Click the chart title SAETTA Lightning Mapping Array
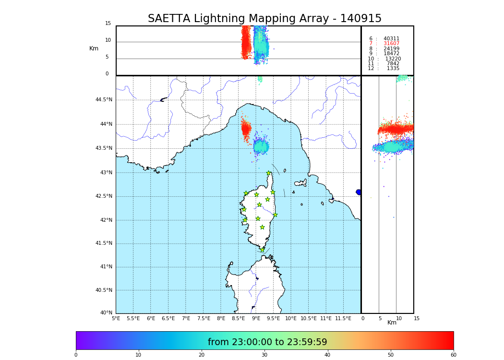tap(264, 19)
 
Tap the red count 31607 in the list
tap(391, 44)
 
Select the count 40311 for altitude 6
tap(391, 39)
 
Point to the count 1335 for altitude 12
tap(393, 69)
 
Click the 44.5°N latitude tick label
tap(104, 100)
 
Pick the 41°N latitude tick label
tap(106, 267)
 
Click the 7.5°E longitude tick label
tap(204, 318)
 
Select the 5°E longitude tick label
tap(116, 318)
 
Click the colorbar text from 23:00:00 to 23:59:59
tap(267, 342)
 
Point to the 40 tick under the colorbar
tap(327, 355)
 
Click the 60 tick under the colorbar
tap(453, 355)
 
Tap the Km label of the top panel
tap(94, 48)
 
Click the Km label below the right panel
tap(392, 323)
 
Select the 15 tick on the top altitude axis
tap(108, 24)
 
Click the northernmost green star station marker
tap(269, 173)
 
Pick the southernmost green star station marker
tap(262, 250)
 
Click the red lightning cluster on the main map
tap(246, 129)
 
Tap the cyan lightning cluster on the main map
tap(261, 146)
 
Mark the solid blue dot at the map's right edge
tap(359, 192)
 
